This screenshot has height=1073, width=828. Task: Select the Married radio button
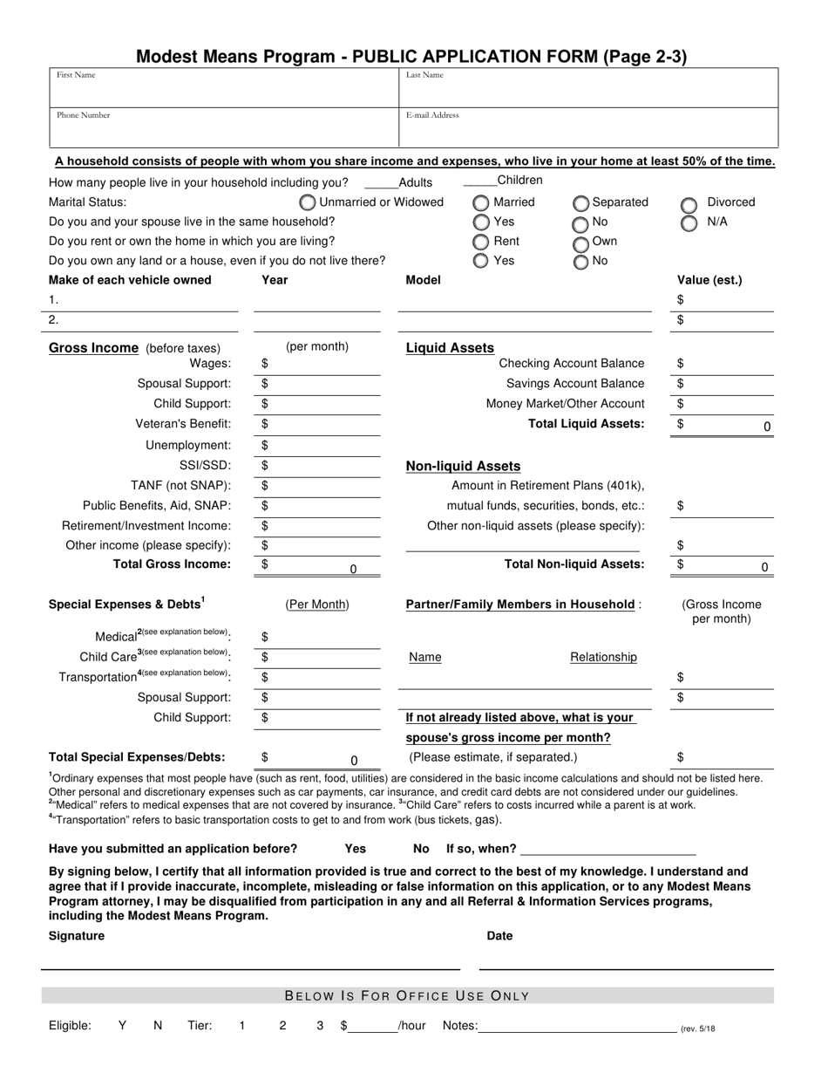pyautogui.click(x=481, y=203)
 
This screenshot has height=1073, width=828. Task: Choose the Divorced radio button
pyautogui.click(x=689, y=205)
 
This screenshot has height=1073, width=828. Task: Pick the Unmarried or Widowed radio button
pyautogui.click(x=308, y=203)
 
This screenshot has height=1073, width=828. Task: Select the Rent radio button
pyautogui.click(x=481, y=243)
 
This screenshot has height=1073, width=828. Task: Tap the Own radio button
pyautogui.click(x=580, y=243)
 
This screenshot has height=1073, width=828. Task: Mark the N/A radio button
pyautogui.click(x=689, y=223)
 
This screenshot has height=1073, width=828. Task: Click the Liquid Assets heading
pyautogui.click(x=450, y=348)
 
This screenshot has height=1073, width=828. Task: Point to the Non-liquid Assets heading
pyautogui.click(x=463, y=467)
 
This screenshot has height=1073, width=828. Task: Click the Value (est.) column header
pyautogui.click(x=709, y=280)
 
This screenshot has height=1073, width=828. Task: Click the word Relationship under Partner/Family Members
pyautogui.click(x=603, y=658)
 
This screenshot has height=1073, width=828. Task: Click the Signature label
pyautogui.click(x=77, y=936)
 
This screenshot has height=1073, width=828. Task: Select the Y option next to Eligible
pyautogui.click(x=122, y=1026)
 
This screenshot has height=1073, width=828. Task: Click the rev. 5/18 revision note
pyautogui.click(x=697, y=1029)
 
